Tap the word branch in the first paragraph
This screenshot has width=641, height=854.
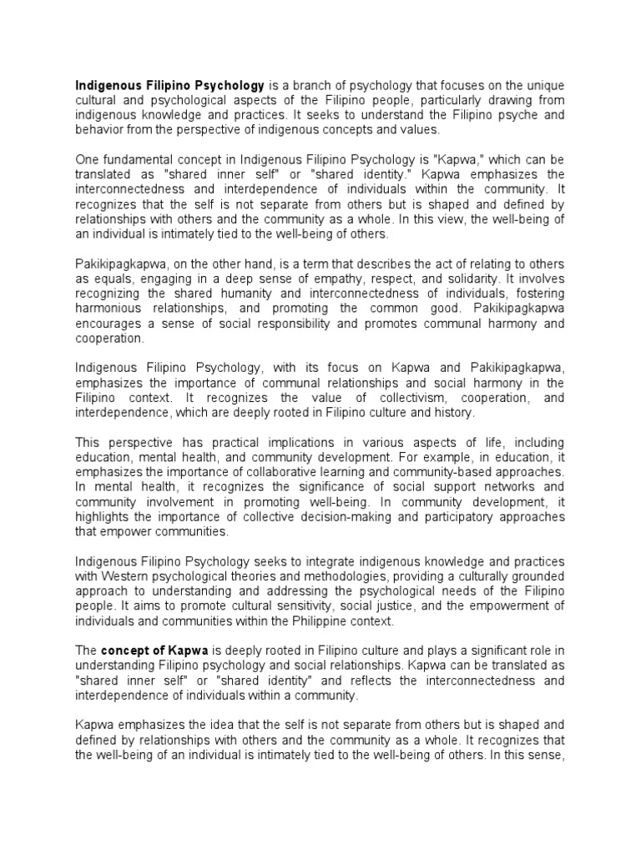click(x=301, y=85)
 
